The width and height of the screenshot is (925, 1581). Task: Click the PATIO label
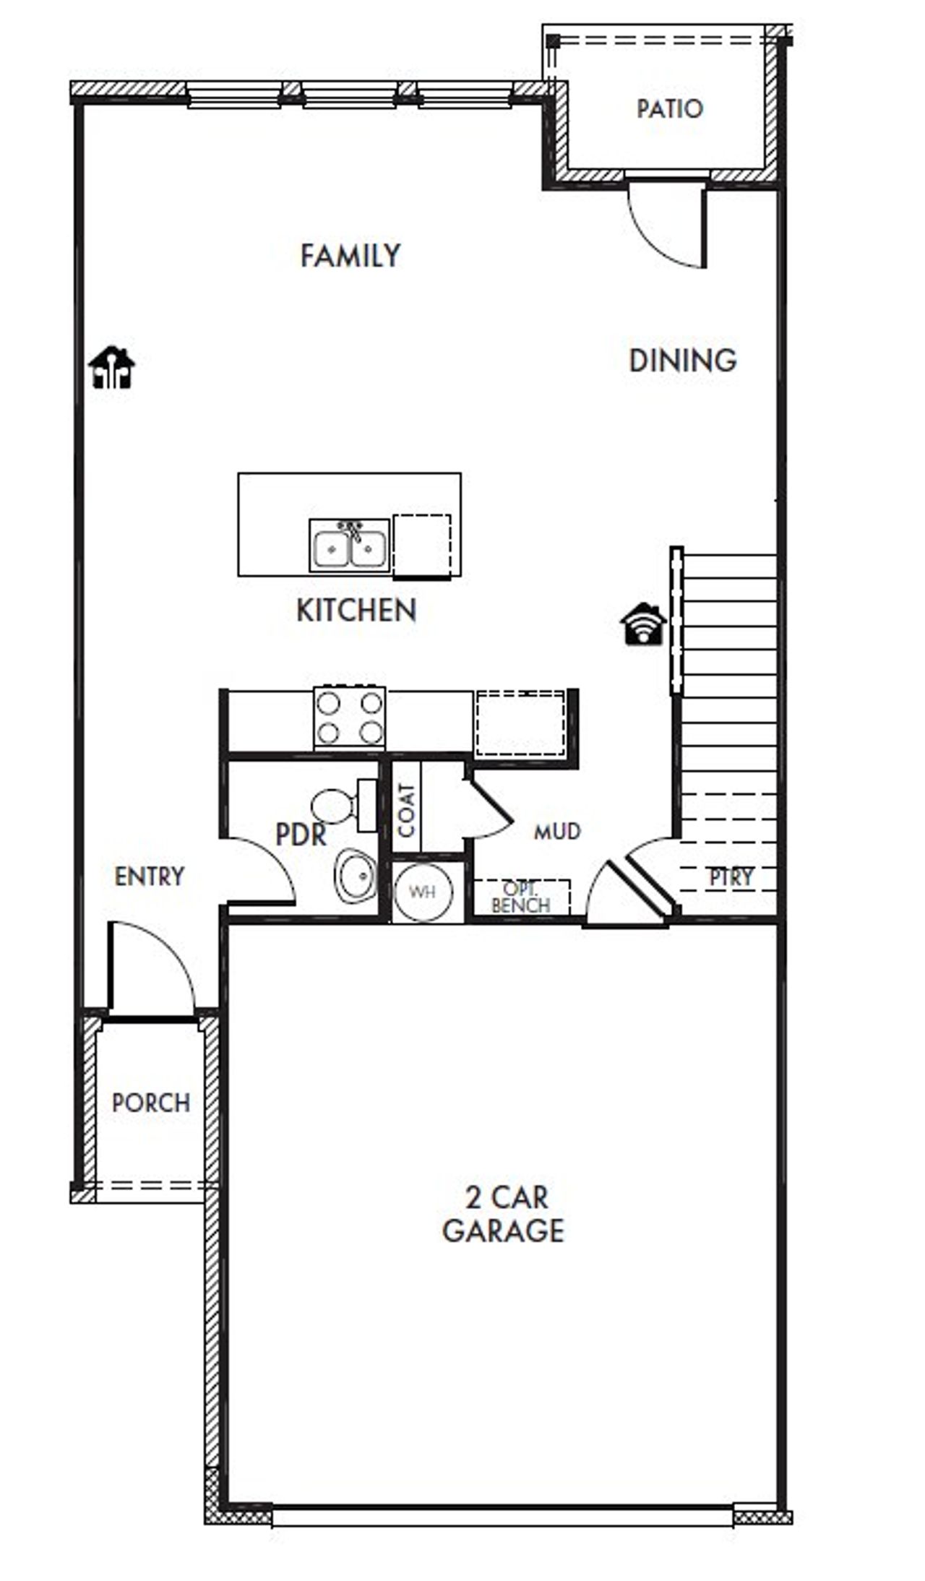(x=669, y=109)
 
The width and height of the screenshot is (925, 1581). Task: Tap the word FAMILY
(x=350, y=256)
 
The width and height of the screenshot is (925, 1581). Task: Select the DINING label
(x=682, y=361)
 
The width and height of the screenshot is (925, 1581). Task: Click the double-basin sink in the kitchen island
(x=350, y=547)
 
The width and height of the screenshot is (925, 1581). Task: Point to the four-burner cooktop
(x=350, y=718)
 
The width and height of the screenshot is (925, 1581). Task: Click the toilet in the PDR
(x=340, y=805)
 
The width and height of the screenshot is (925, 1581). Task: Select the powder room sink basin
(x=356, y=876)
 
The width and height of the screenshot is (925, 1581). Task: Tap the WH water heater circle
(x=423, y=892)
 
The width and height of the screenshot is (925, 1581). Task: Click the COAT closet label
(x=406, y=810)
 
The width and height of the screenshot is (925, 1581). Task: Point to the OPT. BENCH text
(x=520, y=897)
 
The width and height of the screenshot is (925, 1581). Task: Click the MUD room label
(x=556, y=832)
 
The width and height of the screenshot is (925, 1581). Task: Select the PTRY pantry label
(x=730, y=877)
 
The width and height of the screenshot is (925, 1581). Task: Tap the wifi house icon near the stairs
(x=642, y=624)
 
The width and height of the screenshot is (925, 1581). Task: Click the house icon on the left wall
(x=111, y=368)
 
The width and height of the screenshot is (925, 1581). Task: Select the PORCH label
(x=151, y=1103)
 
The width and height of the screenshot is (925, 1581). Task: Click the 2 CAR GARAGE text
(x=504, y=1215)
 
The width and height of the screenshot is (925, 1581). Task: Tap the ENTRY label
(x=150, y=876)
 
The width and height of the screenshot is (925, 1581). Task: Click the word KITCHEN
(x=356, y=611)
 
